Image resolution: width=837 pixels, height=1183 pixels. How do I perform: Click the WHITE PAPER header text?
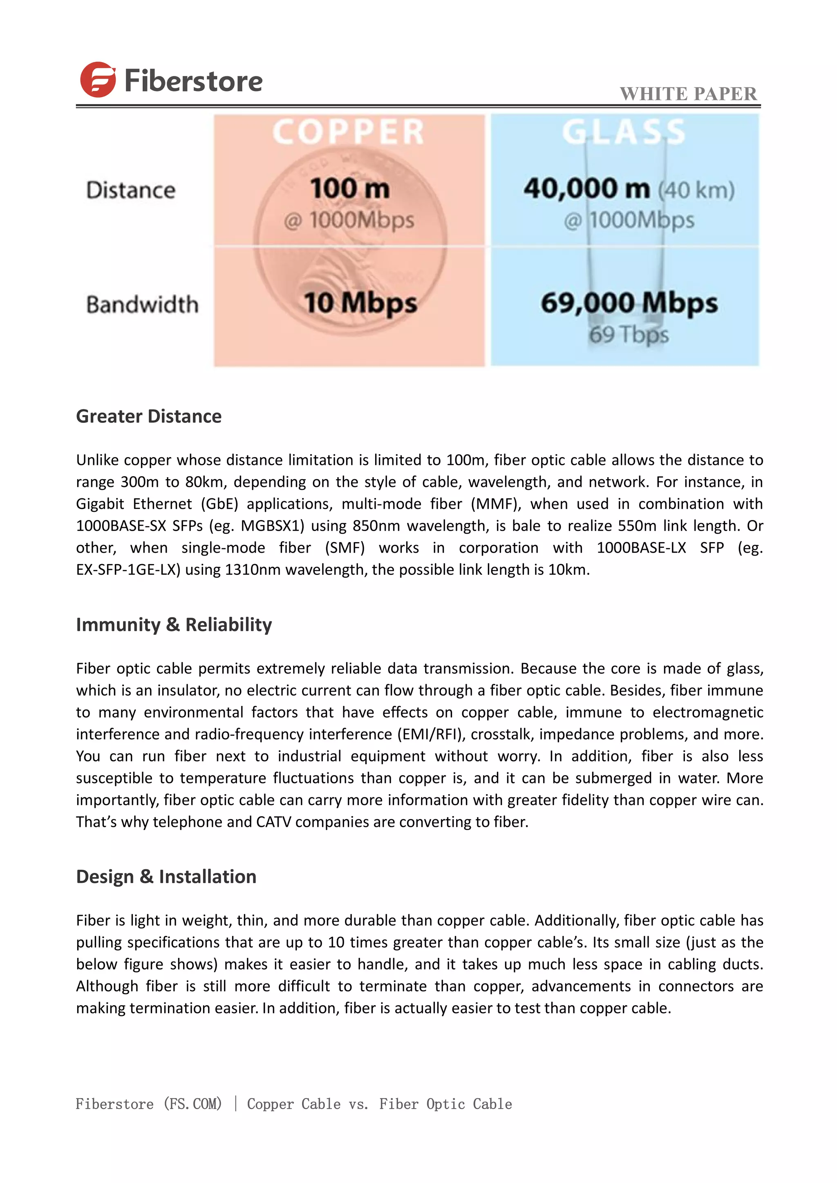coord(688,94)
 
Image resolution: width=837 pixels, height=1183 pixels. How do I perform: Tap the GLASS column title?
coord(624,132)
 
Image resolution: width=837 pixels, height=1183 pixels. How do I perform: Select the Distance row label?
coord(131,191)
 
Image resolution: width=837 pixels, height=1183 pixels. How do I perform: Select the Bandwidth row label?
coord(142,304)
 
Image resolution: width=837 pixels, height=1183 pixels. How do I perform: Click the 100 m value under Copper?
coord(350,189)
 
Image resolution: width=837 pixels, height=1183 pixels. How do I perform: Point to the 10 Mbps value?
coord(360,303)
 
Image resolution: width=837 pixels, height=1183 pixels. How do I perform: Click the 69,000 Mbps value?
coord(629,303)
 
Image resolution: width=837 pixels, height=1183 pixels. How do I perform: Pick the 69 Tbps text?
coord(629,335)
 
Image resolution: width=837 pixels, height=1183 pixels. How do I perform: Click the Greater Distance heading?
coord(148,416)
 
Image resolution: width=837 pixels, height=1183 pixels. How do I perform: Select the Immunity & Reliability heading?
coord(174,625)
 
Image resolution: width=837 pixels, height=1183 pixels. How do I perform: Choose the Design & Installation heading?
coord(166,877)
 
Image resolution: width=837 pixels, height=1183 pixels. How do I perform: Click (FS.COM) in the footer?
coord(193,1104)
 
